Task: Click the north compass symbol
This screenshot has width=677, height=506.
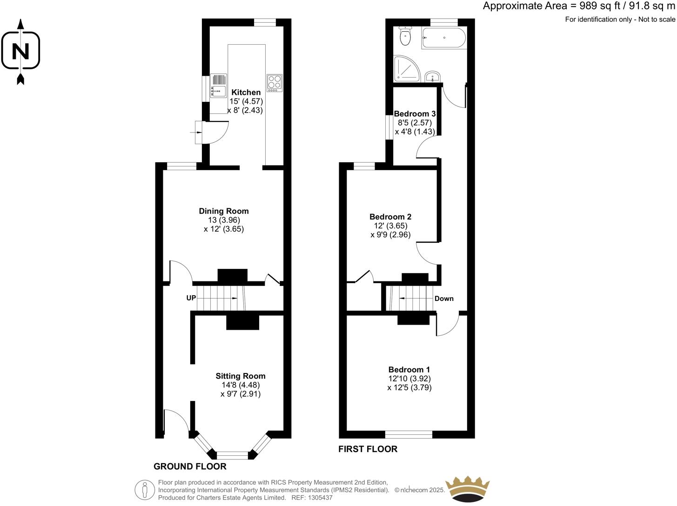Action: [x=20, y=51]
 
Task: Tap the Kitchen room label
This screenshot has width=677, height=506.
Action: [x=246, y=92]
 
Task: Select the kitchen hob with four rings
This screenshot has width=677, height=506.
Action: [x=274, y=82]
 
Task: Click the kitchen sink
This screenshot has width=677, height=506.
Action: [x=219, y=87]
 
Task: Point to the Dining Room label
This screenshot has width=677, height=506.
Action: [x=224, y=211]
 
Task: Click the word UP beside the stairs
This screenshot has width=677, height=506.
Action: [x=191, y=298]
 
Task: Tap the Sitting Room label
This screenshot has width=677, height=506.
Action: [x=241, y=376]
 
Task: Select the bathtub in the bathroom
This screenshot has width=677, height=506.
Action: [x=443, y=38]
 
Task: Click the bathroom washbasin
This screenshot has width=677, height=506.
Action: [x=433, y=76]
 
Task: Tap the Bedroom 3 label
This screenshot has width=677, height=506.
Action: [x=415, y=113]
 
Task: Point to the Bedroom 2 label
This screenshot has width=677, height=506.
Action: [x=390, y=217]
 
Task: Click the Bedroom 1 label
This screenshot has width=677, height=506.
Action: [x=409, y=370]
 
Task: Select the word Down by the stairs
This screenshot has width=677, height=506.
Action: [x=444, y=299]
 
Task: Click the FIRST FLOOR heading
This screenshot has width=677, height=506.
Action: [x=368, y=449]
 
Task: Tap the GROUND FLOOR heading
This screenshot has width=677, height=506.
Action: [x=190, y=466]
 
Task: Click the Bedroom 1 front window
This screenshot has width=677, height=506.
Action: [x=409, y=435]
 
